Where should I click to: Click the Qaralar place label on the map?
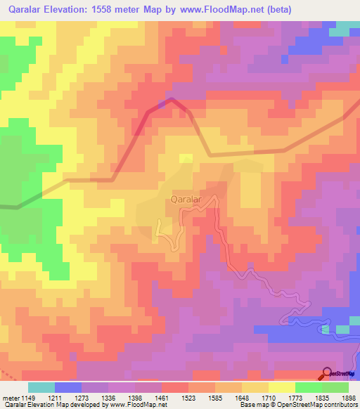(186, 200)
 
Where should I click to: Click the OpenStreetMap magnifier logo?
(328, 374)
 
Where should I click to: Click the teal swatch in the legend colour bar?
(41, 387)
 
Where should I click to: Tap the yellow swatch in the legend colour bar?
(282, 387)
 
